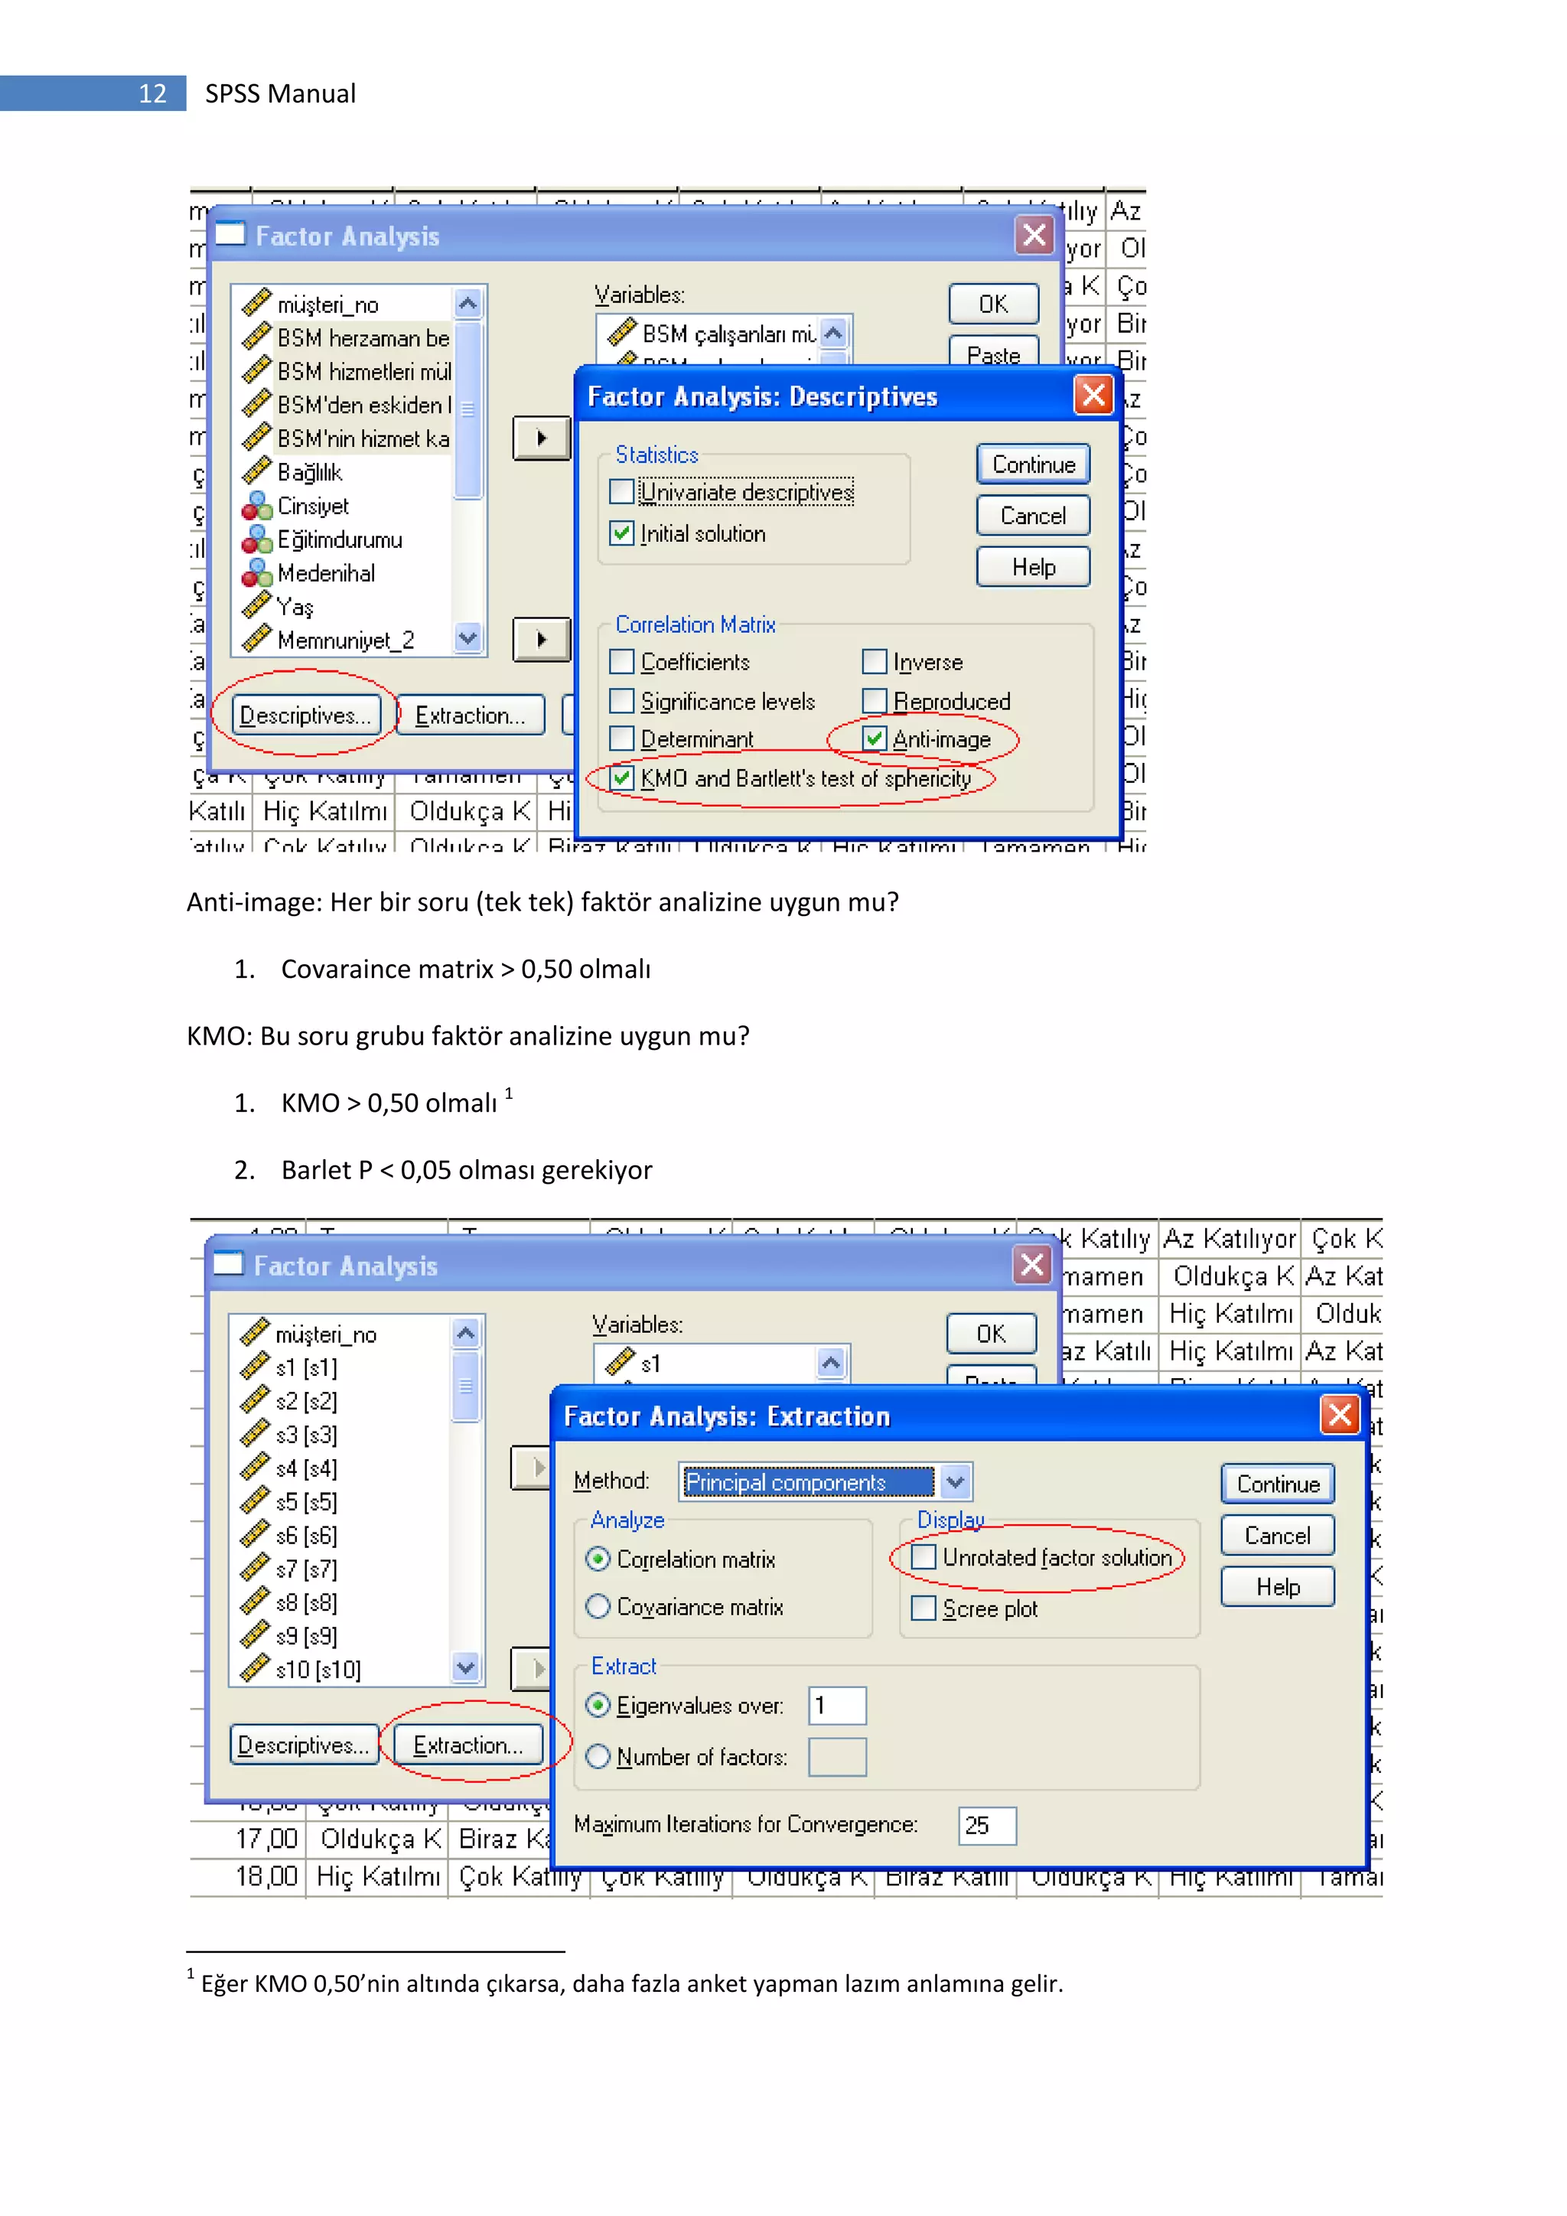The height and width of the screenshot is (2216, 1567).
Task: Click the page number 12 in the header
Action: (152, 93)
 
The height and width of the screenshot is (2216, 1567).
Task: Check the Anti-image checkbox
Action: (875, 739)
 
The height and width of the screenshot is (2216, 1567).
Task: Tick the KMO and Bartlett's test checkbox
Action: (622, 778)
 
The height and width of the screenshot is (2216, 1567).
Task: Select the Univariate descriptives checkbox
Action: (622, 492)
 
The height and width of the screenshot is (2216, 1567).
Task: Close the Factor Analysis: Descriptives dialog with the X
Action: (1093, 395)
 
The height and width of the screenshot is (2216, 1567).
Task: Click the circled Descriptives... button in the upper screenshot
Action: (305, 715)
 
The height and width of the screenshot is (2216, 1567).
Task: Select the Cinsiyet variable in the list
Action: (313, 506)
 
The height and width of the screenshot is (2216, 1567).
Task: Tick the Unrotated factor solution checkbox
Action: (924, 1557)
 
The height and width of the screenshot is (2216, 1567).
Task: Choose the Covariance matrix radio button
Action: (598, 1606)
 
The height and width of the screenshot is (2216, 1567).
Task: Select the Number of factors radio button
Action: (598, 1757)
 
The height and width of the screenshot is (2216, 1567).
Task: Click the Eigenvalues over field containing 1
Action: (836, 1706)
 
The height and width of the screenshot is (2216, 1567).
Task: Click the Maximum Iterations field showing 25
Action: (986, 1825)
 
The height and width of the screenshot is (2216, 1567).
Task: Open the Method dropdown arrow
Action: (954, 1481)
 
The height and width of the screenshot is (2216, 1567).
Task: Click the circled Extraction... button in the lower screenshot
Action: (468, 1745)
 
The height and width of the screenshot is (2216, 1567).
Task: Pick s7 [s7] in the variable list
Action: (306, 1569)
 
